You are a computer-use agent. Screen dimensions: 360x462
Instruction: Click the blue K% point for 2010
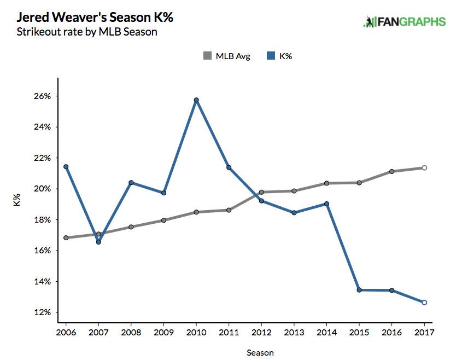[x=196, y=100]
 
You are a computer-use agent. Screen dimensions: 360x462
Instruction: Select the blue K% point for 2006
[x=66, y=166]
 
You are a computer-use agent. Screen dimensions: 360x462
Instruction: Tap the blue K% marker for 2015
[x=359, y=290]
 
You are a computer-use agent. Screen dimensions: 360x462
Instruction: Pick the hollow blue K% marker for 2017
[x=424, y=303]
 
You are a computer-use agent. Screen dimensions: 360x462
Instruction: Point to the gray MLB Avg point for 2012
[x=261, y=192]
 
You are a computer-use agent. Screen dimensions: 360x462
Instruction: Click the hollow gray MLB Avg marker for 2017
[x=424, y=168]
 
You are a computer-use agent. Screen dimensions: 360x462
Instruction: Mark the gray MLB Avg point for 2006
[x=66, y=238]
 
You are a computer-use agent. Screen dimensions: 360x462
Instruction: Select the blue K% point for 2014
[x=326, y=204]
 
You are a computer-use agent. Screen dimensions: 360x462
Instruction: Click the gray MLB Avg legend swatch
[x=207, y=56]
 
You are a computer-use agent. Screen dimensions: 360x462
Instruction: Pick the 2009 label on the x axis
[x=163, y=333]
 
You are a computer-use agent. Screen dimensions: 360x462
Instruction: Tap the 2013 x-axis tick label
[x=294, y=333]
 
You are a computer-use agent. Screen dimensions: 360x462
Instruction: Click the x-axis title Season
[x=260, y=352]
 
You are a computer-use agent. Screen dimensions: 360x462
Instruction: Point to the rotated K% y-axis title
[x=16, y=200]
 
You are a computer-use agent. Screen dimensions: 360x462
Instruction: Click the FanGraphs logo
[x=405, y=22]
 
